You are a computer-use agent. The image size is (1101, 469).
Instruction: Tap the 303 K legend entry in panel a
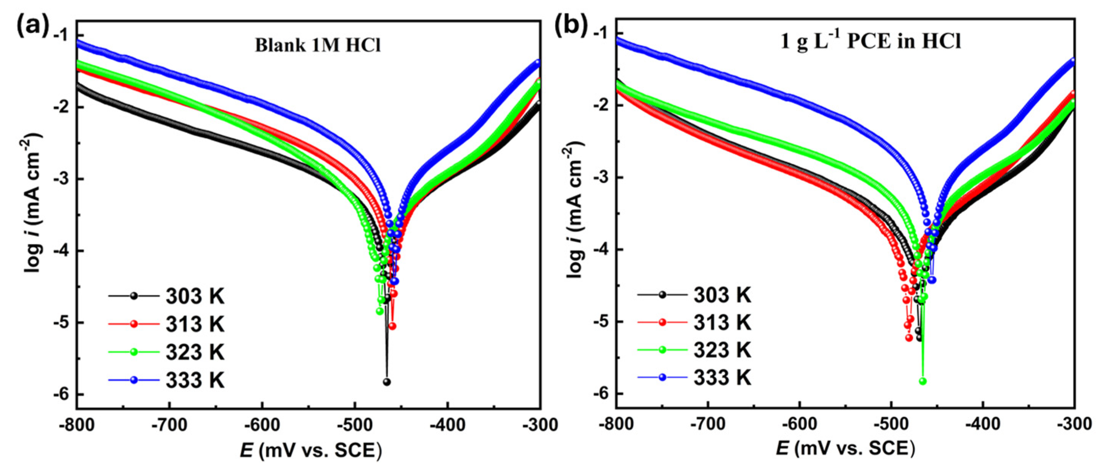click(x=166, y=296)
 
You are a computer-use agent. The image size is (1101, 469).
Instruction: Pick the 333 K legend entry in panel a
click(x=166, y=380)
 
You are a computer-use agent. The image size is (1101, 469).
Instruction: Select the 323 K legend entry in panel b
click(x=694, y=350)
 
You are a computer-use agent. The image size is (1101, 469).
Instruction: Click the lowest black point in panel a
click(x=387, y=382)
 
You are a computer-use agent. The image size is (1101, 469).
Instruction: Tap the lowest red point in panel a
click(x=392, y=327)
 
